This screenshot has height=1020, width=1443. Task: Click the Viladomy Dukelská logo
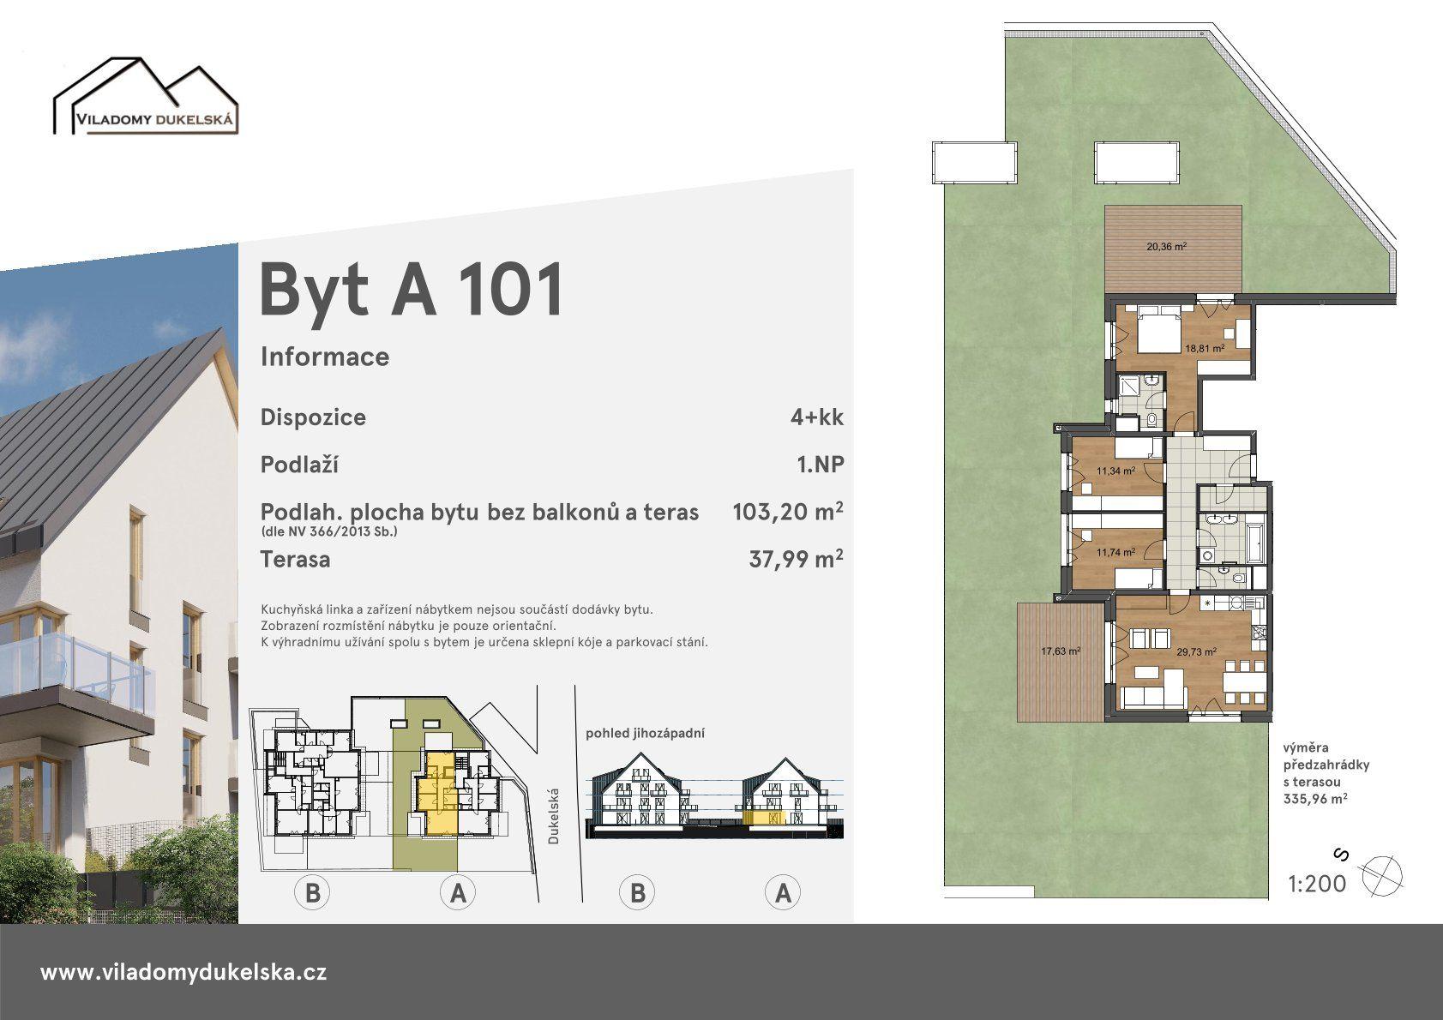[x=146, y=96]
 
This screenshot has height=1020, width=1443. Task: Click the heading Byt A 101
[x=412, y=290]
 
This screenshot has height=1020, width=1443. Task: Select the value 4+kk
[x=817, y=417]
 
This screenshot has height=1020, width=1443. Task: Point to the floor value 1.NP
[x=820, y=465]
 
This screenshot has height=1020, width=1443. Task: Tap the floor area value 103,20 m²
[x=788, y=512]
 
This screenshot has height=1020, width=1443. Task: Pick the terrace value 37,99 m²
[x=797, y=558]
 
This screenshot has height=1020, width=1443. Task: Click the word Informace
[x=325, y=357]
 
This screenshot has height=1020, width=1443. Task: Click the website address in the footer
[x=183, y=972]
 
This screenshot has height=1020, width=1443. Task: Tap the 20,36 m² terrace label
[x=1167, y=246]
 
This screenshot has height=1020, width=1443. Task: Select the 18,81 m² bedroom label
[x=1205, y=348]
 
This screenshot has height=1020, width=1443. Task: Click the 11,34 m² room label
[x=1115, y=471]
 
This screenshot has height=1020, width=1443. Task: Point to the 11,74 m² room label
[x=1115, y=553]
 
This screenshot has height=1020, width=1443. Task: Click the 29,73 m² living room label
[x=1196, y=651]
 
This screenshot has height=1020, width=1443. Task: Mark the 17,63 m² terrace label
[x=1061, y=651]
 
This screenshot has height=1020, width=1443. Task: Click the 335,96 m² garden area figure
[x=1314, y=799]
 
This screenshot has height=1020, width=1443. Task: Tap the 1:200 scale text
[x=1317, y=884]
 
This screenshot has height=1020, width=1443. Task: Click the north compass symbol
[x=1380, y=876]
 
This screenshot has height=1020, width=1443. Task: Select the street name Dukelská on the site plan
[x=553, y=816]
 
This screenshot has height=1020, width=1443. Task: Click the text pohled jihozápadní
[x=645, y=733]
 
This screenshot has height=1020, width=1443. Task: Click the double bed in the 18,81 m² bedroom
[x=1158, y=330]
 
